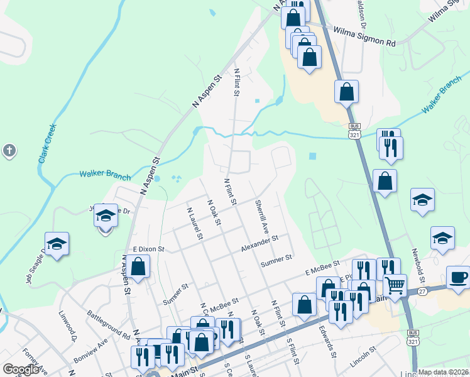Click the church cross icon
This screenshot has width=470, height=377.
click(x=8, y=151)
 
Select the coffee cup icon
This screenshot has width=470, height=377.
click(x=457, y=277)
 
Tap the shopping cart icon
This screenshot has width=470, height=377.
click(x=395, y=286)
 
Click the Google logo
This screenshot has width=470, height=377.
click(x=21, y=369)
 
